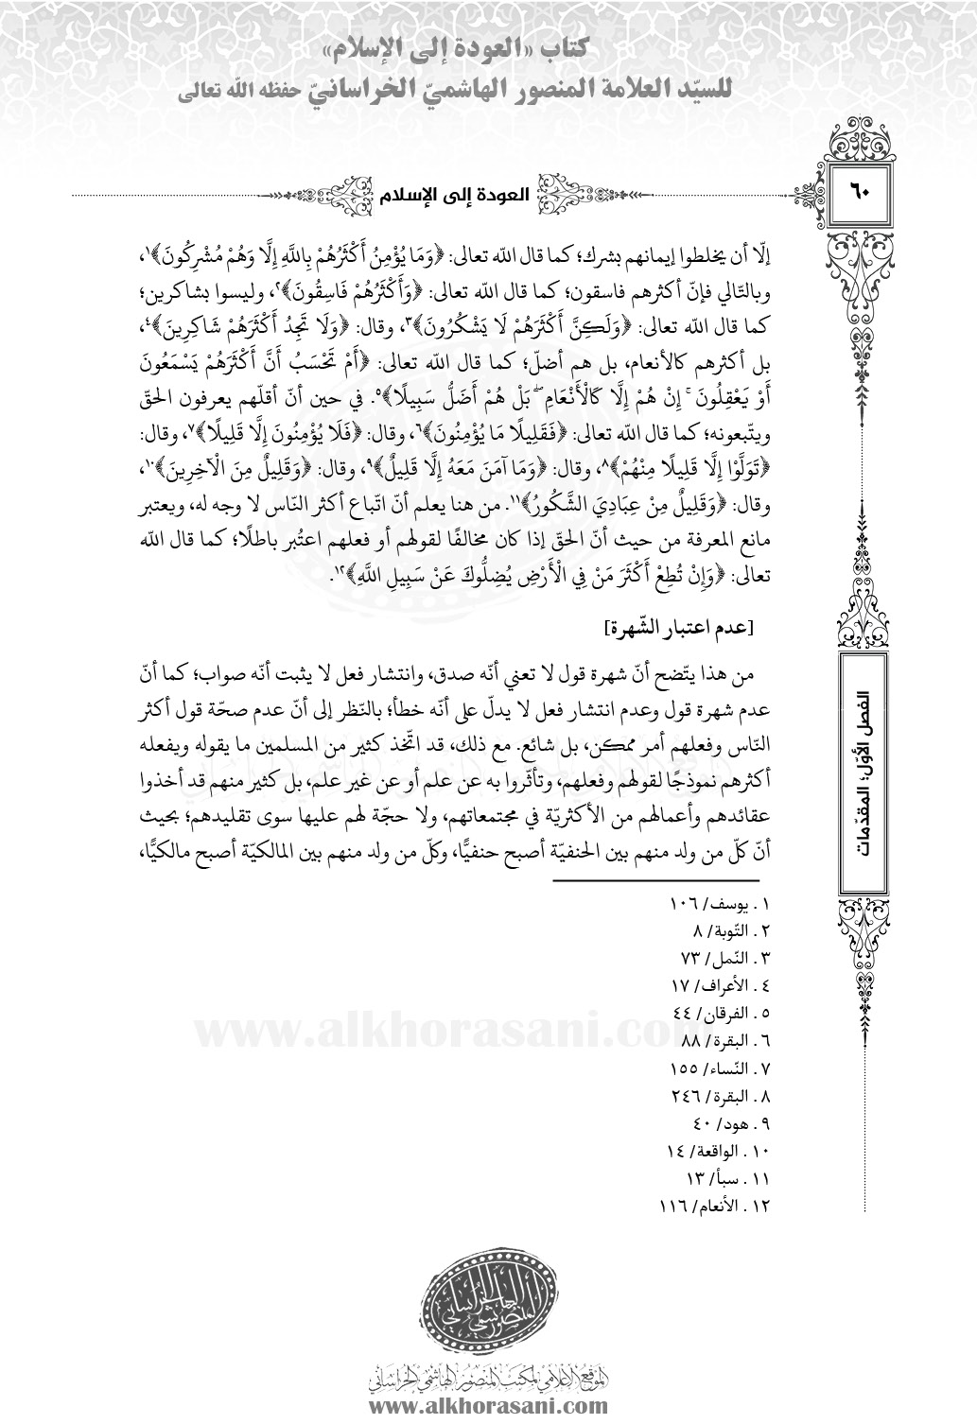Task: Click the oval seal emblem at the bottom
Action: coord(488,1305)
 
